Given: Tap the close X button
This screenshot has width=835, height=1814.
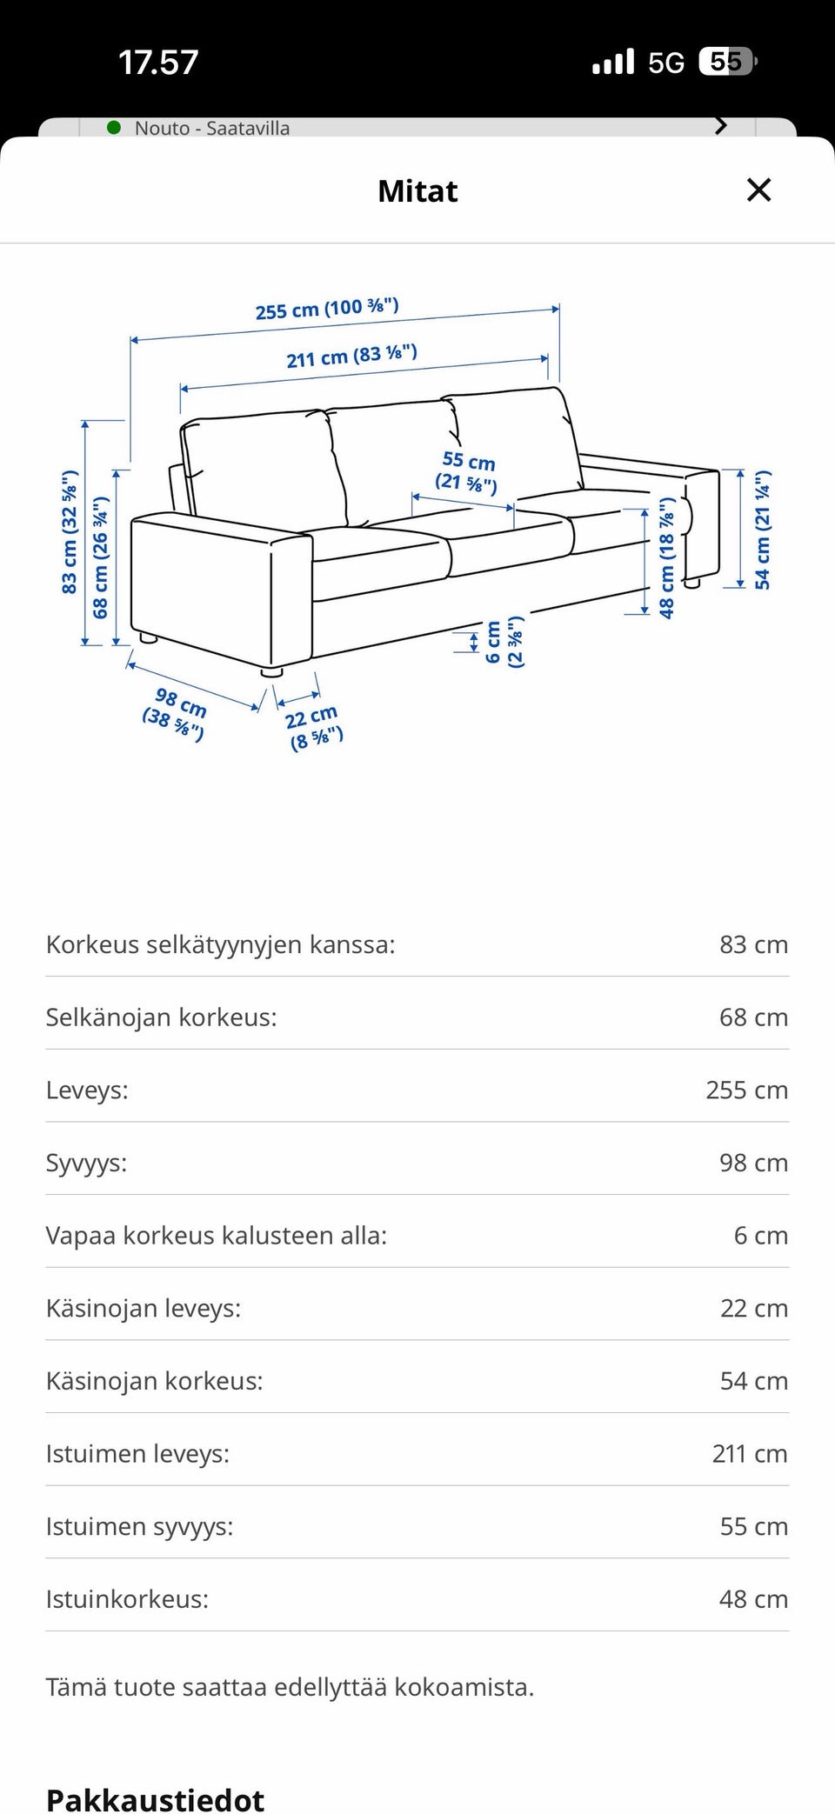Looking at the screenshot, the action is point(758,190).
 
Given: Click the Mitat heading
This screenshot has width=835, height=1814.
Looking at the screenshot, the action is point(417,191).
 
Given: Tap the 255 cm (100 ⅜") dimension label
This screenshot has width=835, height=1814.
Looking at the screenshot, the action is point(327,309).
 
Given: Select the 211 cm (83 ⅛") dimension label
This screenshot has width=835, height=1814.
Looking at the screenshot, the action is point(351,356).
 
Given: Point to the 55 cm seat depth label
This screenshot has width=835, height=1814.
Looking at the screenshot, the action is point(468,471).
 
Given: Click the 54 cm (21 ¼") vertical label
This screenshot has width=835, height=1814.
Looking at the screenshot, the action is point(763,530).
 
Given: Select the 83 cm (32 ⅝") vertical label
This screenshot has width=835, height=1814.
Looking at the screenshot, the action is point(70,532).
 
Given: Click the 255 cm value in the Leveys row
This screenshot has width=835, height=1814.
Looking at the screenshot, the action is point(746,1090).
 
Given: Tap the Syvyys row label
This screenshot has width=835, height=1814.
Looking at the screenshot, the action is point(86,1163).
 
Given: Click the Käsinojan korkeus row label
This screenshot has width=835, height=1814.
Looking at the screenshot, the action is point(154,1381).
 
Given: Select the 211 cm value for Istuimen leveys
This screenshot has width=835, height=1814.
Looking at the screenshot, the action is point(749,1453).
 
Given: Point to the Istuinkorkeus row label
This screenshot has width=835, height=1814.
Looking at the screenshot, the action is point(127,1598).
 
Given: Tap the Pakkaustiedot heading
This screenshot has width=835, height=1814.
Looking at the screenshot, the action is point(155,1798).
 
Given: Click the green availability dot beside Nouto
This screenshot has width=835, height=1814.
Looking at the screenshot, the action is point(114,128).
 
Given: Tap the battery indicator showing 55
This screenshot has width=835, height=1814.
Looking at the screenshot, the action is point(727,62).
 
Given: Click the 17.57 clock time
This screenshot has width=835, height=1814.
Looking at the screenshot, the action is point(158,63).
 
